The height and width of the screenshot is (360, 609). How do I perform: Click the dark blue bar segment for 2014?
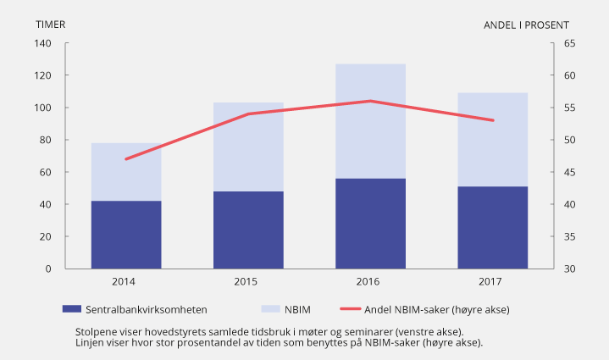pos(126,235)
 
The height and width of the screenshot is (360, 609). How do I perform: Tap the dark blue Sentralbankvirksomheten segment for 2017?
pos(492,227)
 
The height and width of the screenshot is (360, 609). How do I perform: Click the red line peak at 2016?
pos(370,101)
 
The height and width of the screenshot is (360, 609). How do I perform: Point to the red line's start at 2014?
pos(126,159)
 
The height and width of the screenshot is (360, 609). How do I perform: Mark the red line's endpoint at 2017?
pos(492,120)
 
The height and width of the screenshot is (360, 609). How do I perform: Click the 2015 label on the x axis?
pos(248,281)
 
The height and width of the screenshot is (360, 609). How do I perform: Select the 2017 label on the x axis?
pos(492,281)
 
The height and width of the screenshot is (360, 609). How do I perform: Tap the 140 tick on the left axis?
pos(43,43)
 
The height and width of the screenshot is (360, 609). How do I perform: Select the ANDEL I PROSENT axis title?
pos(526,25)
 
